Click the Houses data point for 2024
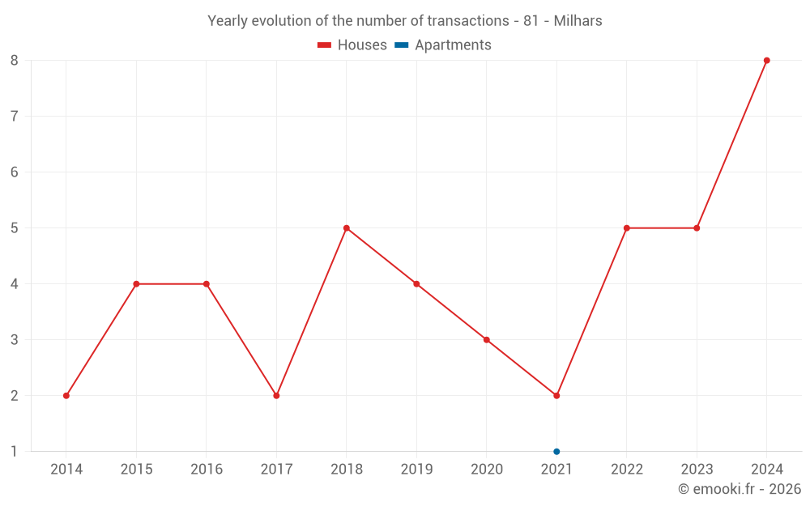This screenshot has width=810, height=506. (x=766, y=61)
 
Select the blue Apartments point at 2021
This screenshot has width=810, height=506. (x=556, y=452)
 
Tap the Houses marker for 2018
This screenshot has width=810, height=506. (x=347, y=228)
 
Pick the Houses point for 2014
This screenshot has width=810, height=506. (x=66, y=396)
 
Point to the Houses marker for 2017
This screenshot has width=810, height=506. (x=276, y=396)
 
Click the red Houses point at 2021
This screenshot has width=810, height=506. (x=556, y=396)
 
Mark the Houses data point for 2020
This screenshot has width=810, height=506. (x=487, y=340)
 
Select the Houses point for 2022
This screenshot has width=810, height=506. (x=627, y=228)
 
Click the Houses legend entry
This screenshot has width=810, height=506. (x=352, y=45)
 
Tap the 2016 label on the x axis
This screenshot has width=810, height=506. (x=207, y=470)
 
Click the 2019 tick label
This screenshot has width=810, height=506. (x=416, y=470)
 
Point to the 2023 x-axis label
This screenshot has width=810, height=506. (x=697, y=470)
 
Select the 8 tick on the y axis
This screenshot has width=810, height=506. (x=15, y=61)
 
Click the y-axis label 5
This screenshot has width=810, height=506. (x=15, y=228)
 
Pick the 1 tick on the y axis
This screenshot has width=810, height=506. (x=15, y=452)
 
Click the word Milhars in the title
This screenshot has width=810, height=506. (x=578, y=21)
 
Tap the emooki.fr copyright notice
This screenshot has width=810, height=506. (x=739, y=489)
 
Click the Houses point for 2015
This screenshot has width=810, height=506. (x=136, y=284)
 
